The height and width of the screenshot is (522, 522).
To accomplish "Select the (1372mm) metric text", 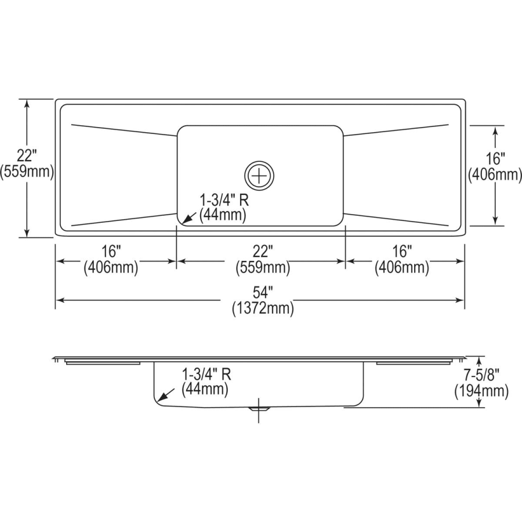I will coord(262,309).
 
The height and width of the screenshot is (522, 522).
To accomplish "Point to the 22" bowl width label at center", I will coord(262,252).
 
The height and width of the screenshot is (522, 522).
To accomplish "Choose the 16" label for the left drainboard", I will coord(111,252).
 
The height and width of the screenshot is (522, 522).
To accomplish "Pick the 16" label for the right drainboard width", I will coord(401,252).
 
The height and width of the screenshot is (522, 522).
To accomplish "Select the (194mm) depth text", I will coord(481,391).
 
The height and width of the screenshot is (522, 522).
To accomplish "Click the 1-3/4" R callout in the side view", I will coord(206,374).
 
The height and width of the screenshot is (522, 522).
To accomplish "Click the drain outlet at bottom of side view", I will coord(259,408).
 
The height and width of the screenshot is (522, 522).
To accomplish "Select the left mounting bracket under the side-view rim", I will coord(103,363).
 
